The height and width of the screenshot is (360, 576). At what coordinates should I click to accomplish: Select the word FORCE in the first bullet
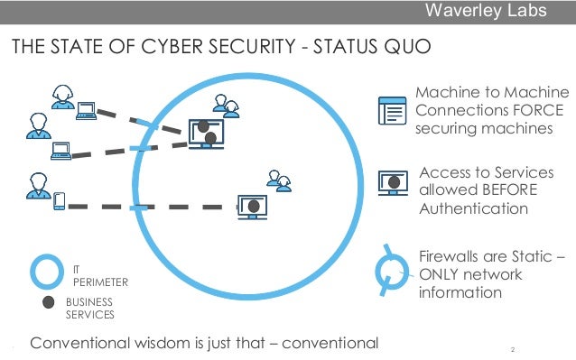tap(537, 110)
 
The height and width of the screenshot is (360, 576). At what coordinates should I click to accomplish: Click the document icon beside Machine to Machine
tap(391, 109)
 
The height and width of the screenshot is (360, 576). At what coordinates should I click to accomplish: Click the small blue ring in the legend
tap(46, 271)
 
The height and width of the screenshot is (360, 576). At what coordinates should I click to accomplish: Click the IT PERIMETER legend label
tap(99, 275)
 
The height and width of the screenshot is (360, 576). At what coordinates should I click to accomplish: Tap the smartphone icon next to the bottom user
tap(60, 202)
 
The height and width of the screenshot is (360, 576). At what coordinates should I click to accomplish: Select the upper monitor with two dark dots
tap(206, 133)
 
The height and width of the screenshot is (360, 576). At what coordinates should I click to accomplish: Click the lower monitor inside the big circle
tap(254, 207)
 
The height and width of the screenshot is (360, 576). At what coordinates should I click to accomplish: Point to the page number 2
tap(512, 349)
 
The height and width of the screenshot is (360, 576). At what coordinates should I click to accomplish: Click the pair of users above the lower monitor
tap(279, 180)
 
